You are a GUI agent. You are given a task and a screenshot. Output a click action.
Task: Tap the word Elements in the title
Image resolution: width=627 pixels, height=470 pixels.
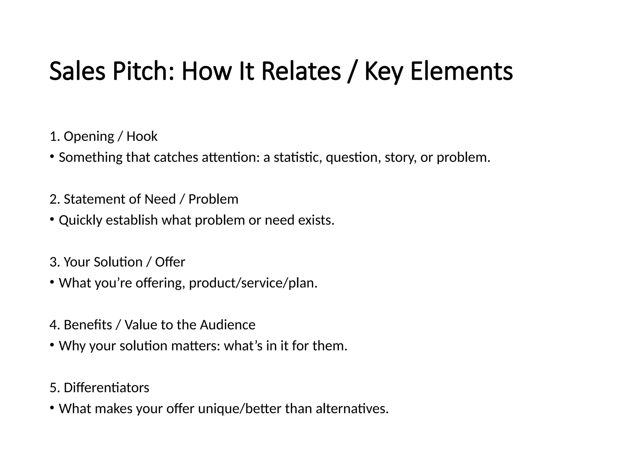pos(461,71)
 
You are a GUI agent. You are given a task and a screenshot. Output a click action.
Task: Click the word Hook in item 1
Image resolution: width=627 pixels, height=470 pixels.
pos(142,136)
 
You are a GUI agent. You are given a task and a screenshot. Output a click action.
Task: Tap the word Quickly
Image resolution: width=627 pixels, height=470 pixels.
pos(80,220)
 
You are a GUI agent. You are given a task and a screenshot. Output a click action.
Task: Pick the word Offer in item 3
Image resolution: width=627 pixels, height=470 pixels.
pos(170,262)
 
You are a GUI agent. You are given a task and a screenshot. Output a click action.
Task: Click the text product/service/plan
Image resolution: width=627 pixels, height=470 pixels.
pos(253,283)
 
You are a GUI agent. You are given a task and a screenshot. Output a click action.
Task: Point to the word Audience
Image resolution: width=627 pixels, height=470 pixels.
pos(227,325)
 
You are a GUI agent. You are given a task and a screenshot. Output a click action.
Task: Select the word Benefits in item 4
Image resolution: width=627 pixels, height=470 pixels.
pos(88,325)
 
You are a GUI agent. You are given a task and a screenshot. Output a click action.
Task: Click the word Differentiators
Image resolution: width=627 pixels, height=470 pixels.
pos(106,388)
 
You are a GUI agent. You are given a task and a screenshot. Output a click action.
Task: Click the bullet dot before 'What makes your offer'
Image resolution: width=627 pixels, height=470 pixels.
pos(52,408)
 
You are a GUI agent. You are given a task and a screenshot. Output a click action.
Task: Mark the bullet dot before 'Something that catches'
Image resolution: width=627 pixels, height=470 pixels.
pos(52,156)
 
